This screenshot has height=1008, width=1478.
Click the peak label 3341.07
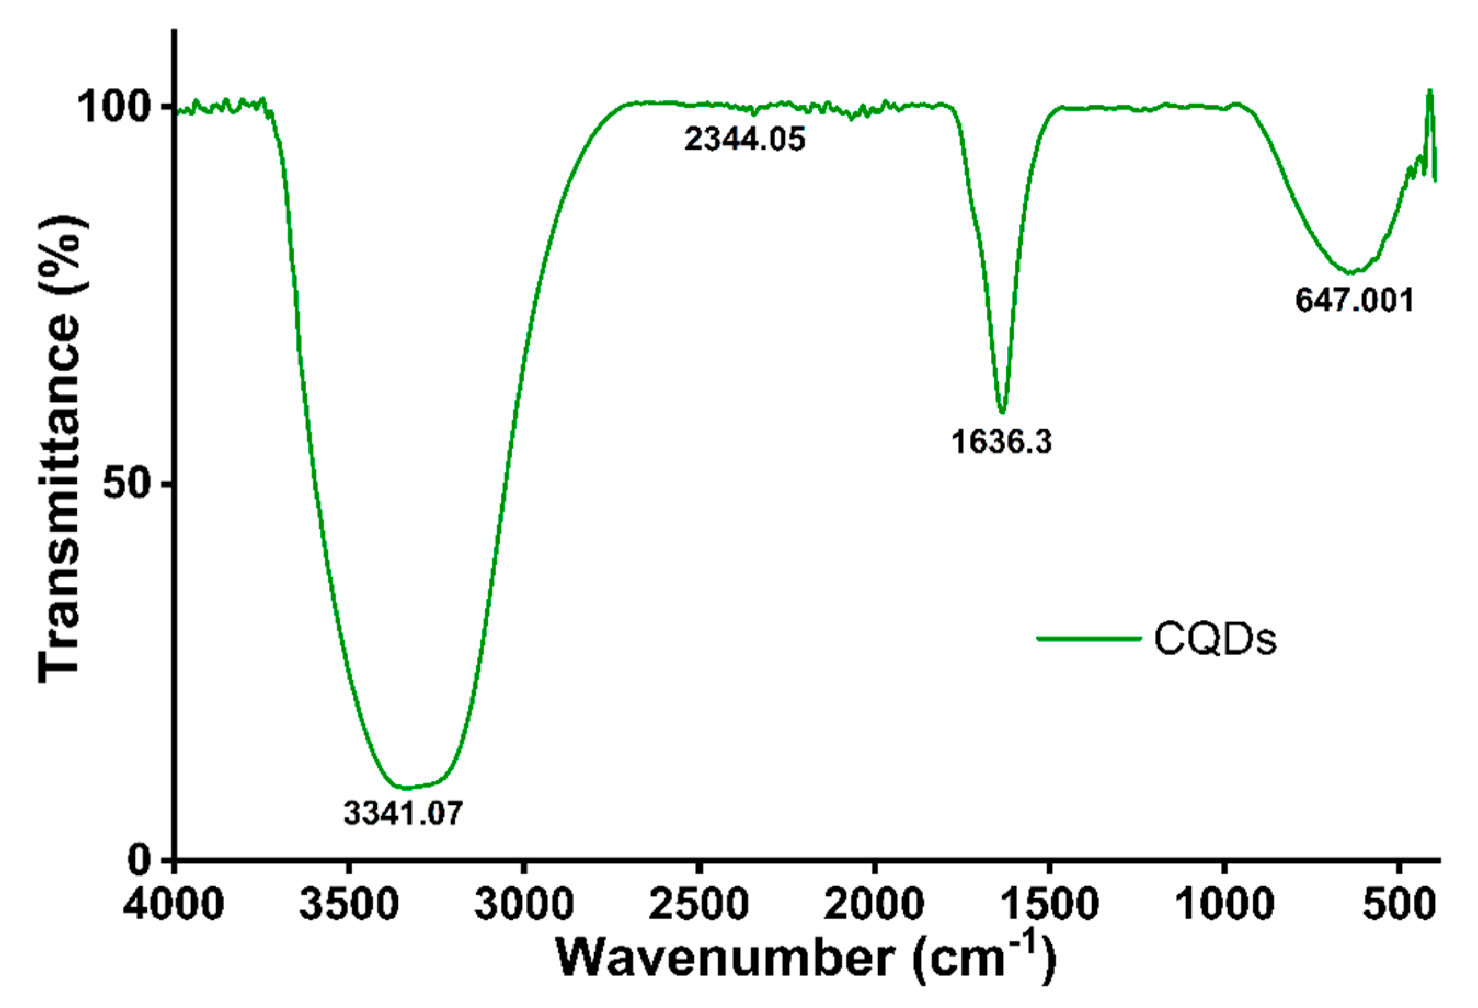pos(403,813)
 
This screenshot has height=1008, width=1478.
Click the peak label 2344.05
pos(744,139)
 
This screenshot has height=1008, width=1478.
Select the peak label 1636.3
pos(1001,442)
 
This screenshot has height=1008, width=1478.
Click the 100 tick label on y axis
pos(113,107)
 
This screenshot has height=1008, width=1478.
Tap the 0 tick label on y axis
pos(139,860)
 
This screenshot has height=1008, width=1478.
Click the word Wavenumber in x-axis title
pos(725,957)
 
